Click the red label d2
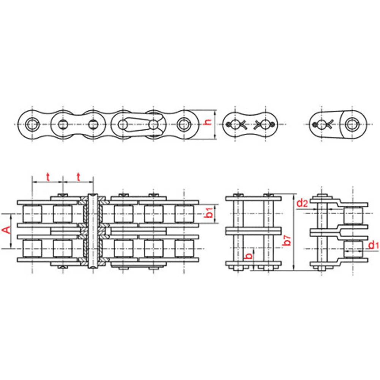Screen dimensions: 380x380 (x=302, y=203)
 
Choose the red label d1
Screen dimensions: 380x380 (x=373, y=245)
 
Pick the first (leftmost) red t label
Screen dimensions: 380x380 (x=48, y=177)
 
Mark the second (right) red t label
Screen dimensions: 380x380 (x=78, y=177)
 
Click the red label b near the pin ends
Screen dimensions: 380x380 (x=249, y=256)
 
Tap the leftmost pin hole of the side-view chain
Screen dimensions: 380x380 (x=32, y=125)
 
